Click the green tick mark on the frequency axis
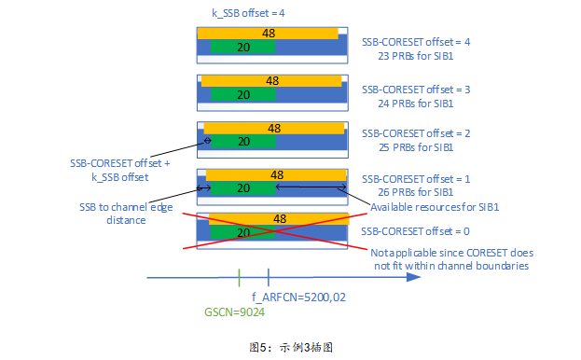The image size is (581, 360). pos(239,277)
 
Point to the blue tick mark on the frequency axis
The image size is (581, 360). pos(269,277)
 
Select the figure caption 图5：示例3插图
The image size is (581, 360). pos(291,346)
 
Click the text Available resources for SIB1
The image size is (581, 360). pos(436,207)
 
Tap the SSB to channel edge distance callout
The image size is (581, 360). pos(112,214)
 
